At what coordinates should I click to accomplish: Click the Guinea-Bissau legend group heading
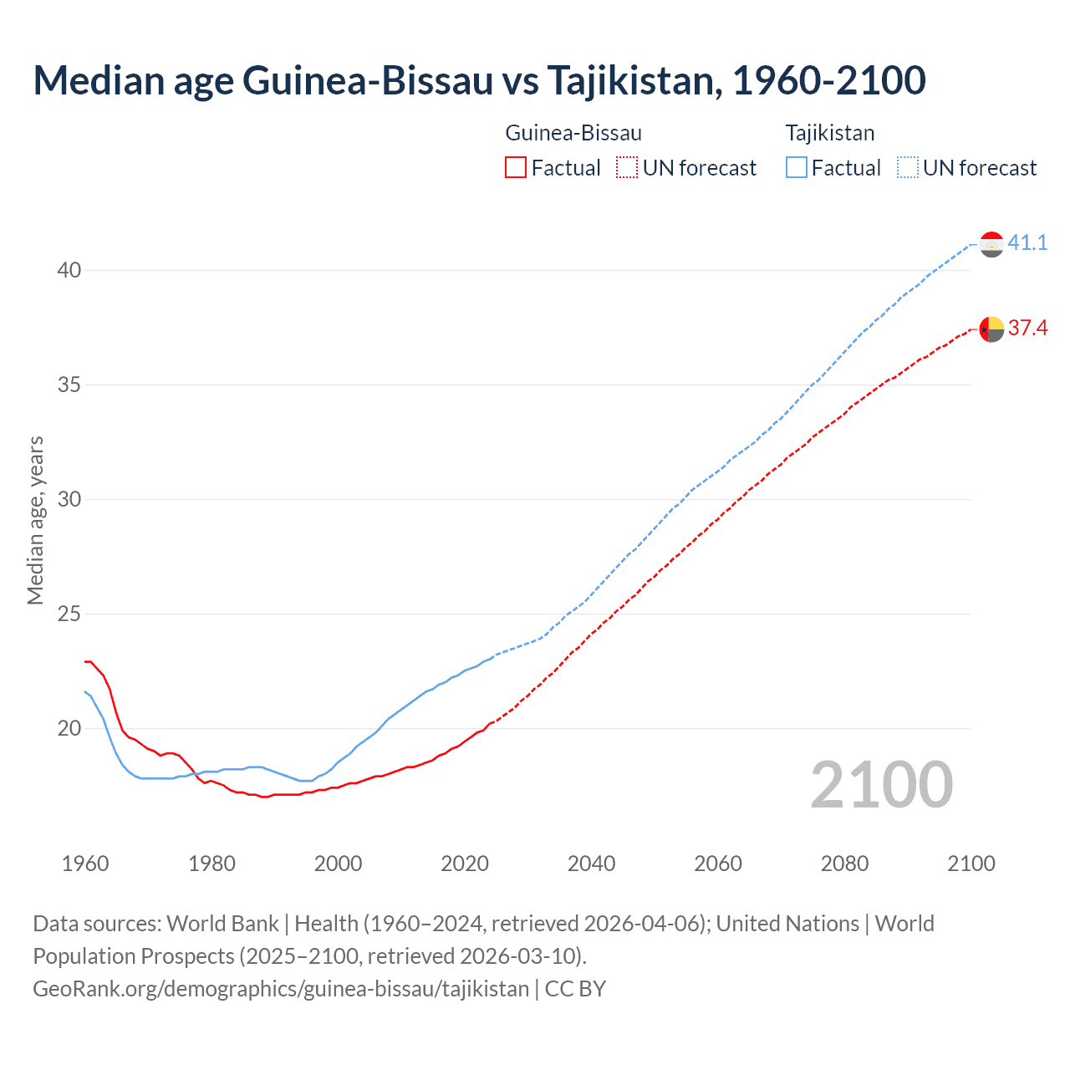573,133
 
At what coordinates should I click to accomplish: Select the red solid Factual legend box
516,168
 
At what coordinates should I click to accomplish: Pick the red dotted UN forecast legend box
627,168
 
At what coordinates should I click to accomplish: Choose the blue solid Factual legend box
797,168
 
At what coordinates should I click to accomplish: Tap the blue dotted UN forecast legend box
908,168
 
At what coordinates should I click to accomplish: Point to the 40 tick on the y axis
69,270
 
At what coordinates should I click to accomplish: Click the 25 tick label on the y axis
69,614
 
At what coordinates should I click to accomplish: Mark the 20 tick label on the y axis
69,728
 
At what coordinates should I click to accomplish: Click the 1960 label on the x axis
85,864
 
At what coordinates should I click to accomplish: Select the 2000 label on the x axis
339,864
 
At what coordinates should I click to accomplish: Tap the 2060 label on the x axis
718,864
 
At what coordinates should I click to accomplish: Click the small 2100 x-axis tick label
971,864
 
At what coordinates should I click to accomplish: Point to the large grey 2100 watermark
882,785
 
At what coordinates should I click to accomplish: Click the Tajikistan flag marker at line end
991,244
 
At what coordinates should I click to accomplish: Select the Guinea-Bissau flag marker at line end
991,329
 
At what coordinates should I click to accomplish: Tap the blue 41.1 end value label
1027,242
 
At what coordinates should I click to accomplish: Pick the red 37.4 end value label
1027,328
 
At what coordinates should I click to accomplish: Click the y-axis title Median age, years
35,520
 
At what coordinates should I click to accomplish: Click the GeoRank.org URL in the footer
281,989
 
